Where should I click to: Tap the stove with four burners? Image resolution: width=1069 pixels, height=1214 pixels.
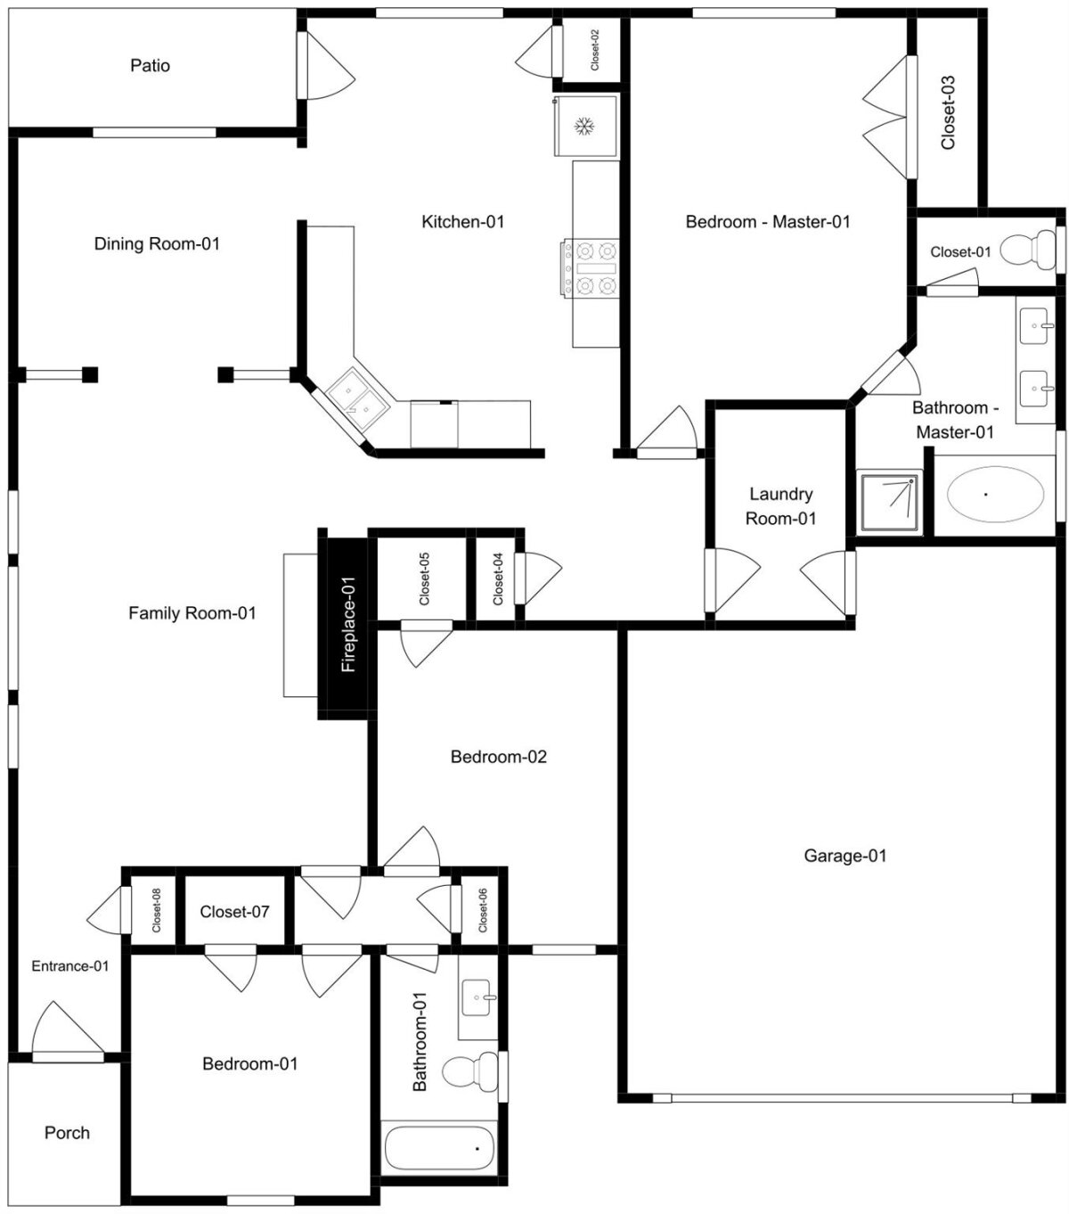[x=590, y=267]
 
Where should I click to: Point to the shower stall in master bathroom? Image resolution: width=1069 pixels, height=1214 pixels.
[x=889, y=502]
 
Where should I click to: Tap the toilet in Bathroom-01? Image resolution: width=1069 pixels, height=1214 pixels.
[x=470, y=1070]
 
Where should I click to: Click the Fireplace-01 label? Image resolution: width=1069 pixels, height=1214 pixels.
[x=348, y=624]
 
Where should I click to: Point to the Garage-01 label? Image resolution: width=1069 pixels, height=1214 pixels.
[x=845, y=856]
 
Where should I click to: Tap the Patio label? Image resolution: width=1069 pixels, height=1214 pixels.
[x=150, y=65]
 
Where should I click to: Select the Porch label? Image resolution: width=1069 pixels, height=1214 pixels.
[x=67, y=1133]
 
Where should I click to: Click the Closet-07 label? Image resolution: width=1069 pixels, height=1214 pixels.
[x=234, y=912]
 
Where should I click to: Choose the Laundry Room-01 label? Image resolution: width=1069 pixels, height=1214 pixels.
[x=781, y=505]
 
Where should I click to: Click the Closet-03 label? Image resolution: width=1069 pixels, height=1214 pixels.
[x=948, y=112]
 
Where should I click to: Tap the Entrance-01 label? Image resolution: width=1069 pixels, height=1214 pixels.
[x=70, y=966]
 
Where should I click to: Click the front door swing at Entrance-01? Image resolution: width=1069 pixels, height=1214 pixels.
[x=67, y=1029]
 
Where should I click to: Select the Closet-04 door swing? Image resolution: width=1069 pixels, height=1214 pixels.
[x=538, y=578]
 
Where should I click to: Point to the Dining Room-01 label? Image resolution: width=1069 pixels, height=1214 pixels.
[x=157, y=244]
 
